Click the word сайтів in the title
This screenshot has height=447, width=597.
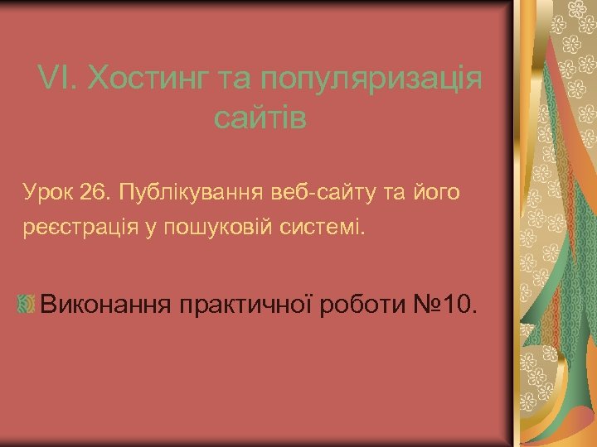[260, 118]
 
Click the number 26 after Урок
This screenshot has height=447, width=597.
[96, 194]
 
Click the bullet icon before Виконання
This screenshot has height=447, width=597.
[26, 304]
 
